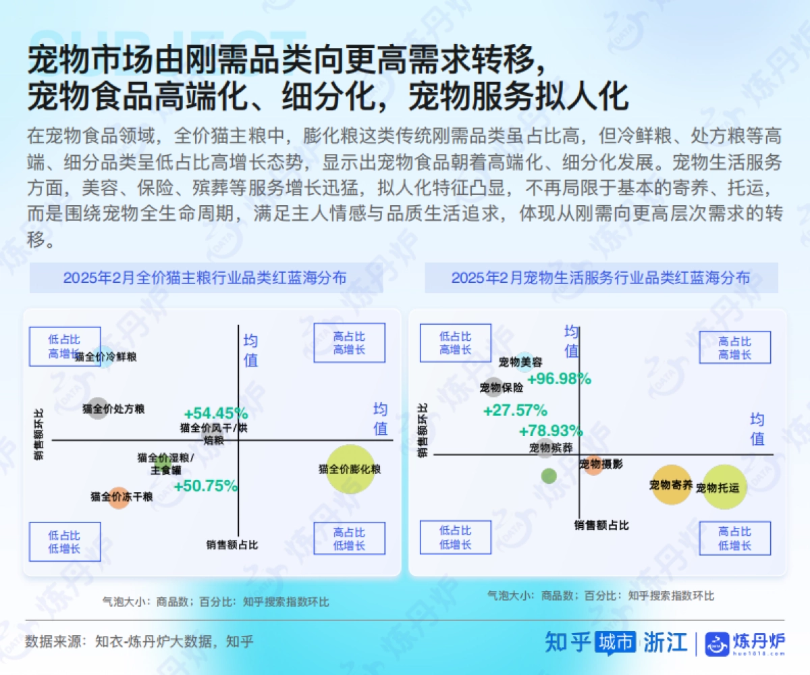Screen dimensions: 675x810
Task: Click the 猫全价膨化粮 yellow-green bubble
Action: click(350, 469)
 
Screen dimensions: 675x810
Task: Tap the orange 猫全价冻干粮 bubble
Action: click(119, 497)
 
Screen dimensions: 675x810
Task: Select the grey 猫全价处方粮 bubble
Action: click(98, 408)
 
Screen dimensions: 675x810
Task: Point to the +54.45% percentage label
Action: click(215, 413)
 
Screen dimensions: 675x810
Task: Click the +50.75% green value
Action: click(206, 485)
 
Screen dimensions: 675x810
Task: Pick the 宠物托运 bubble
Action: click(725, 487)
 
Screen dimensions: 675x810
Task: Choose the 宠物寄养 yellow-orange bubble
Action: click(671, 485)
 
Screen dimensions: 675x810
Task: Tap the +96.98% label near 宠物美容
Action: click(559, 379)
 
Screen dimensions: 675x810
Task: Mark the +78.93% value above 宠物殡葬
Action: click(550, 431)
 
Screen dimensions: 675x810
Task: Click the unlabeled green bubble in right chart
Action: click(549, 475)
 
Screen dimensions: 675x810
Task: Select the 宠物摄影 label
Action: click(601, 464)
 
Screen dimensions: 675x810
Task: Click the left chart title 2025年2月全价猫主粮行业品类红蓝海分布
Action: click(205, 277)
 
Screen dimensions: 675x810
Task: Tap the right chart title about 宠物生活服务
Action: click(600, 277)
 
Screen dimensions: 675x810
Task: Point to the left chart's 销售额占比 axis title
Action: click(232, 545)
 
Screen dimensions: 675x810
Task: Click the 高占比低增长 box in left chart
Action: click(349, 539)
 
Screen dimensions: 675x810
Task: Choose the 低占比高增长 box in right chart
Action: click(455, 343)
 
